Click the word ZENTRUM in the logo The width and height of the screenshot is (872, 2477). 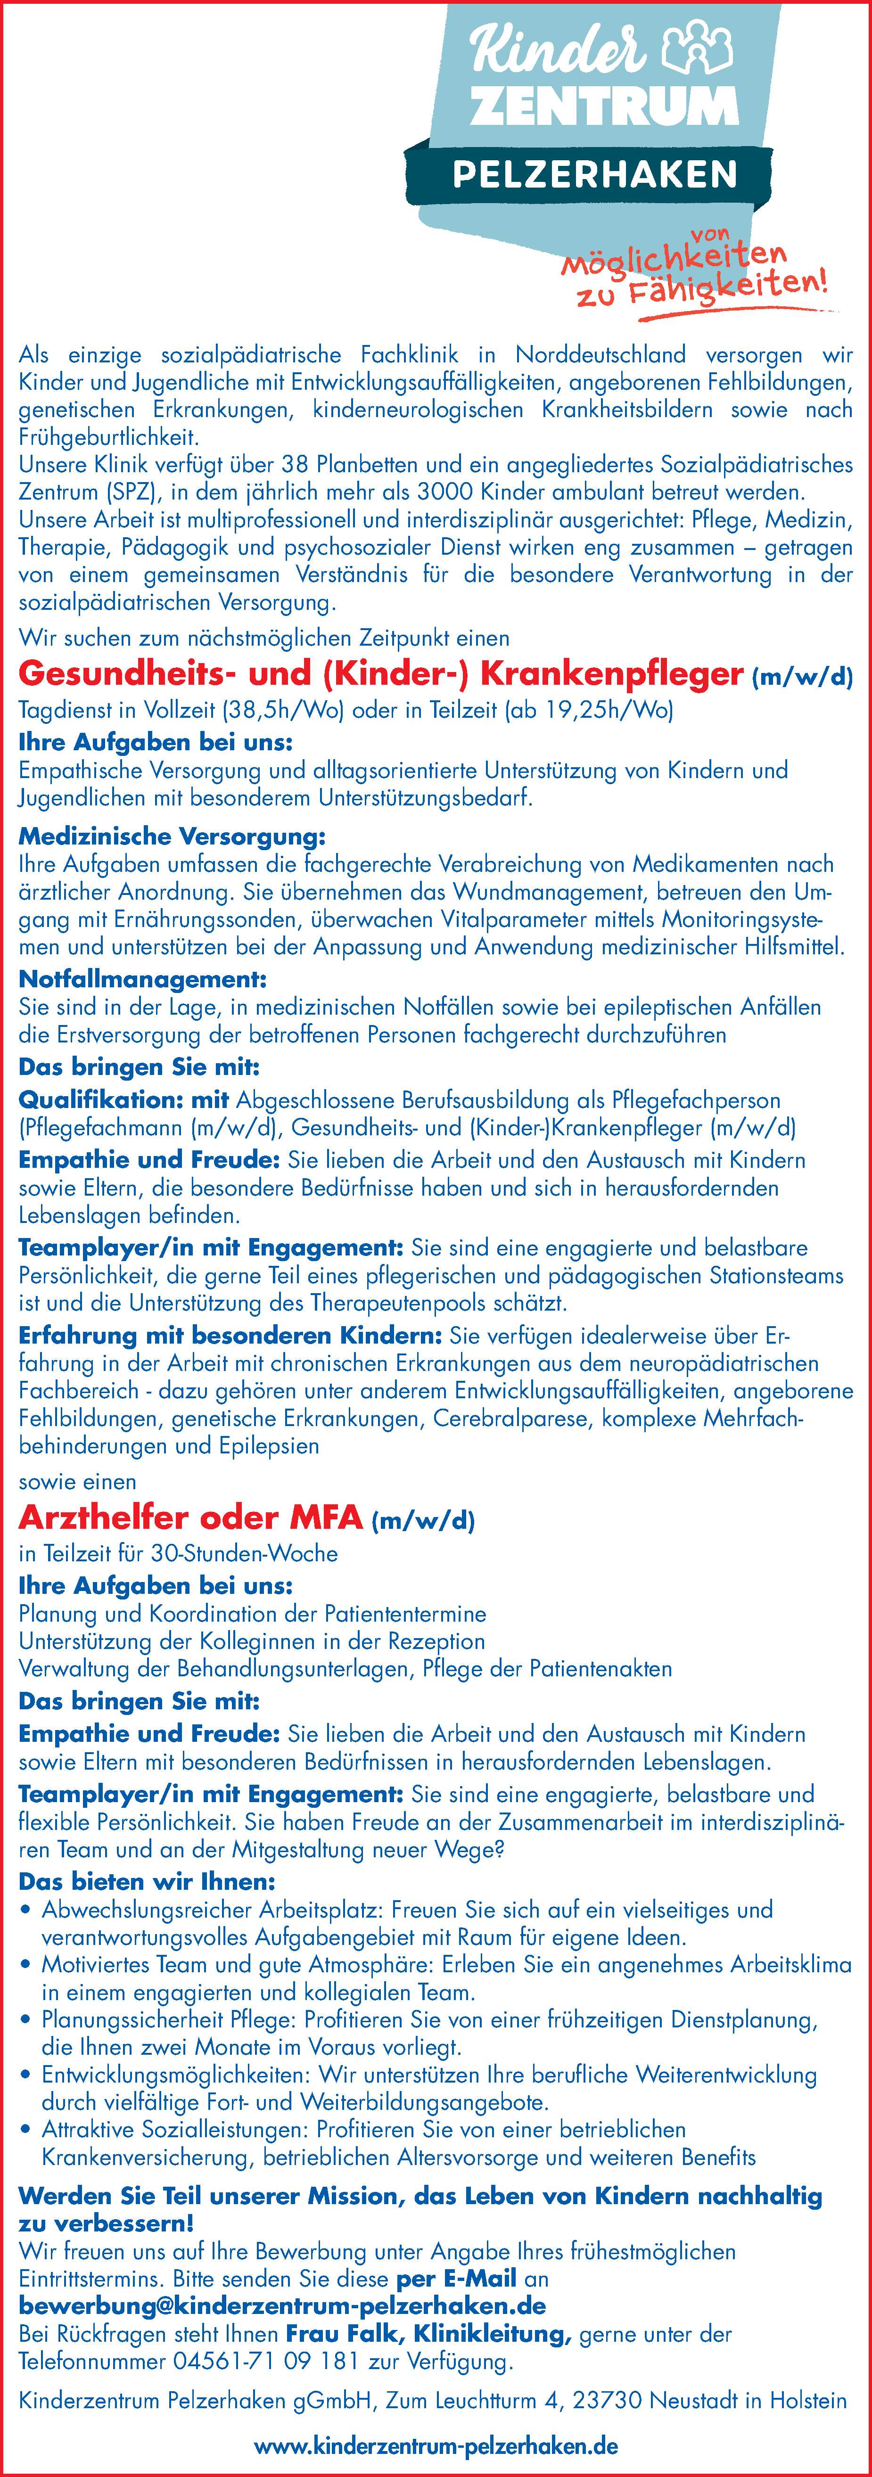[x=604, y=107]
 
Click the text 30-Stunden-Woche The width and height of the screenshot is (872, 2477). [x=245, y=1553]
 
